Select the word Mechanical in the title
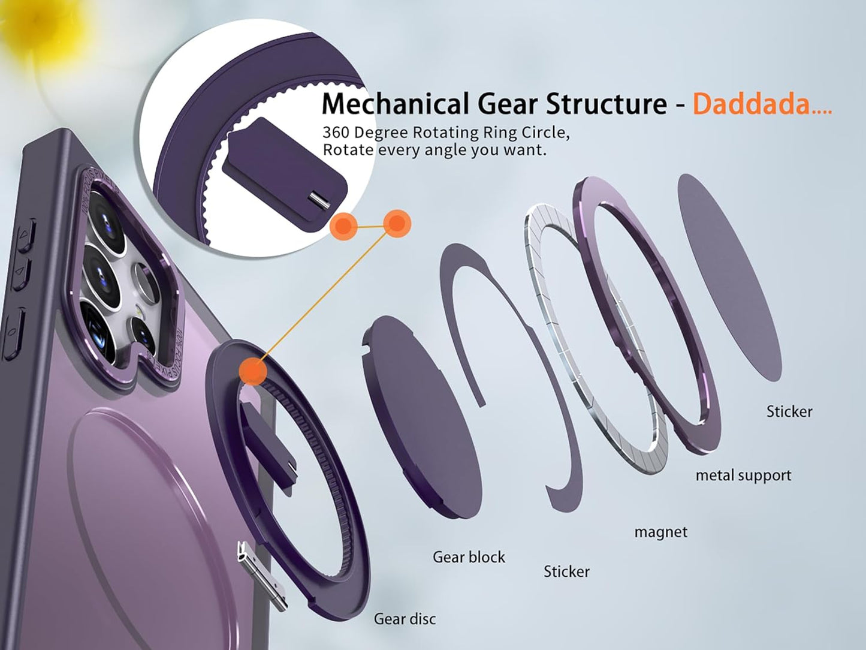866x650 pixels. point(395,103)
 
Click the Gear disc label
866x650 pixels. point(405,619)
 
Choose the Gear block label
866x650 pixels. point(469,557)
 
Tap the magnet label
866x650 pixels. point(661,532)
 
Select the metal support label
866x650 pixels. point(743,476)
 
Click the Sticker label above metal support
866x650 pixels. point(789,411)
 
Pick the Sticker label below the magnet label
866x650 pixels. point(566,571)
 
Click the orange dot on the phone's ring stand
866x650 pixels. point(253,371)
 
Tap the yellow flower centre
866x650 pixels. point(38,18)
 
